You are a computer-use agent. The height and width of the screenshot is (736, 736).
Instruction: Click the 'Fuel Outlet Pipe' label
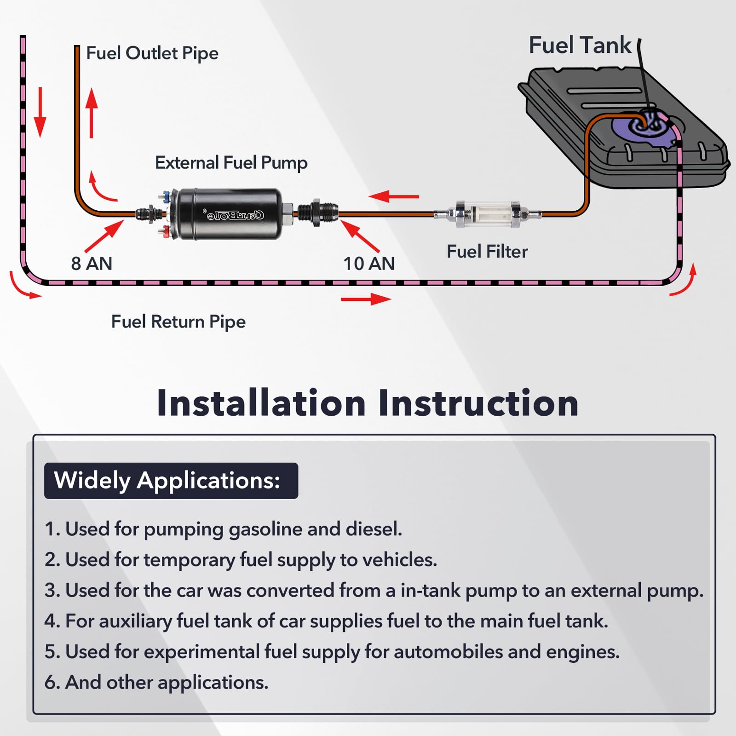tap(152, 53)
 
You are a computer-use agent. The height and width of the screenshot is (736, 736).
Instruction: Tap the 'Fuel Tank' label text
tap(580, 45)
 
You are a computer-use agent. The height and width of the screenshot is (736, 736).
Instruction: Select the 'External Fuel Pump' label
tap(231, 163)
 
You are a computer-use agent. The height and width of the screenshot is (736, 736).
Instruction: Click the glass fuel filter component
tap(488, 213)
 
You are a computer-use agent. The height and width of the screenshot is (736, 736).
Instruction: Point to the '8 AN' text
tap(92, 264)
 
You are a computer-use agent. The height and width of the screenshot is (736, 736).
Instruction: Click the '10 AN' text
tap(369, 264)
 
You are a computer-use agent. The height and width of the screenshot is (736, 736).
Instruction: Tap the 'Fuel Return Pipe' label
tap(178, 322)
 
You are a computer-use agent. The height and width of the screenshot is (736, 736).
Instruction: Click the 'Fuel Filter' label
tap(487, 252)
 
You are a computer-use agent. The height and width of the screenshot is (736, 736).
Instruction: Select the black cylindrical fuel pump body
tap(230, 214)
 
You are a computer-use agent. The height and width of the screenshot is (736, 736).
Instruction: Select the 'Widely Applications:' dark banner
tap(171, 481)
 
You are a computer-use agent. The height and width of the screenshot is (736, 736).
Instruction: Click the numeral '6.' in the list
tap(52, 682)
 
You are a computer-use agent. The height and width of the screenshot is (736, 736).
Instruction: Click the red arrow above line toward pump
tap(394, 197)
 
